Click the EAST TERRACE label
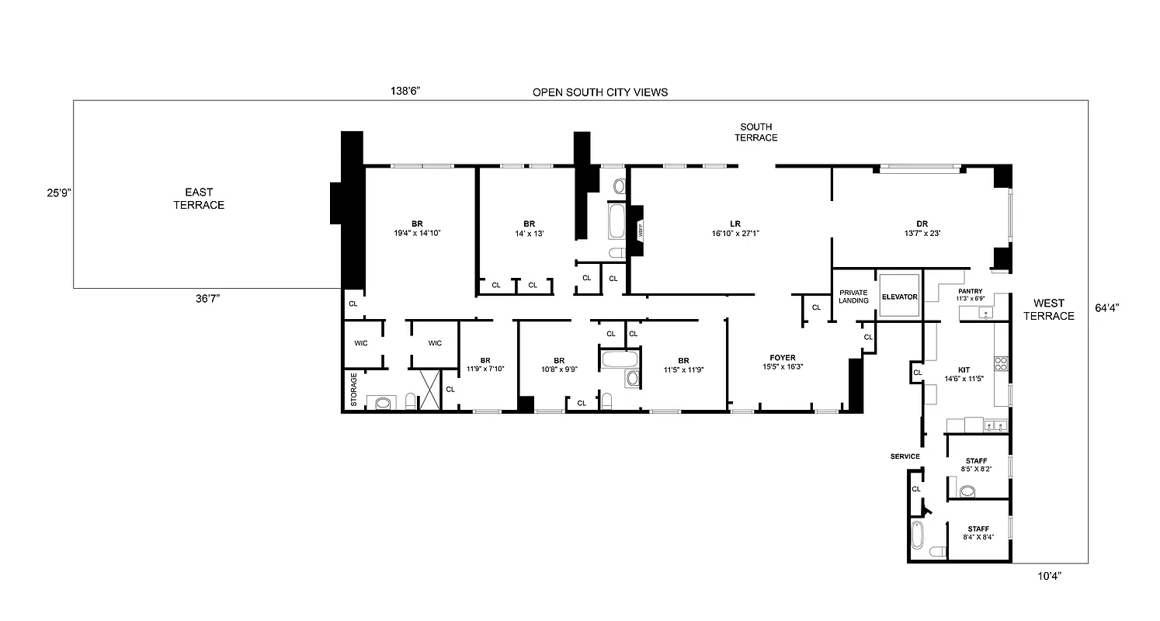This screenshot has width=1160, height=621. tap(199, 199)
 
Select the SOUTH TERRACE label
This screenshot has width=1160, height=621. tap(758, 132)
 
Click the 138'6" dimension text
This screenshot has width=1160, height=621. tap(405, 91)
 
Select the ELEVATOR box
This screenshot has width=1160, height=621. tap(899, 297)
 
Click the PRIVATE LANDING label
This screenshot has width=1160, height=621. tap(853, 297)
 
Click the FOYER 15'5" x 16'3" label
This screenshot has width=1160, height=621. tap(782, 362)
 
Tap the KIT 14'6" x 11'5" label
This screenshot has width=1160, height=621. tap(964, 374)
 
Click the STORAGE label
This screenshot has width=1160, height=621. tap(353, 390)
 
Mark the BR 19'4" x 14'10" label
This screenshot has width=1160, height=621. tap(417, 227)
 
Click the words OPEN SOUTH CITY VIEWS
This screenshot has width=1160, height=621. tap(599, 92)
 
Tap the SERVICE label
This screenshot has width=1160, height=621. tap(905, 456)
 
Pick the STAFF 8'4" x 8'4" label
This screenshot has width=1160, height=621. tap(978, 532)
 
